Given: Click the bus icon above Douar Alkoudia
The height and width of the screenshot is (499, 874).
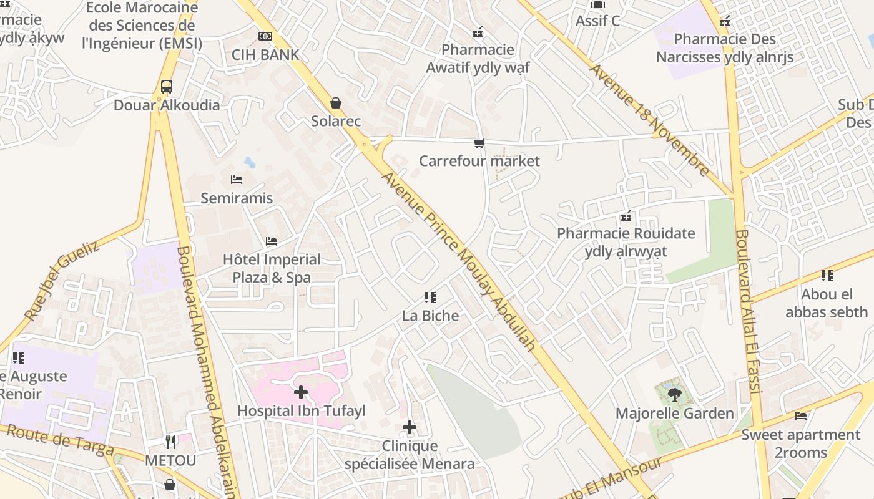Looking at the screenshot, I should pos(166,87).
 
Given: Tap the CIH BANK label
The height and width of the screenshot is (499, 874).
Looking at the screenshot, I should pos(265,54).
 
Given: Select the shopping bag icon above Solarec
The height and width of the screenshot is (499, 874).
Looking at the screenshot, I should pos(336,103).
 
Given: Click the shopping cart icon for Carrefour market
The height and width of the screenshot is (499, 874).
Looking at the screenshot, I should pos(479,143).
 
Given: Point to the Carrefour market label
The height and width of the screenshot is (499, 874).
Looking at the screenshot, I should pos(479,161).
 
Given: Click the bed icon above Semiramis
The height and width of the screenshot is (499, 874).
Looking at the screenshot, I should pos(237,180).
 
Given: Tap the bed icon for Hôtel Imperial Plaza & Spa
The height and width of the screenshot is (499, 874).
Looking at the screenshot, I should pos(272,241).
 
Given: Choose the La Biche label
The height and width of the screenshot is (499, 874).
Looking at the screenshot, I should pos(430,316).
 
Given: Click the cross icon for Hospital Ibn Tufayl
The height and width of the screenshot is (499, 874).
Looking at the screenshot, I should pos(301,392).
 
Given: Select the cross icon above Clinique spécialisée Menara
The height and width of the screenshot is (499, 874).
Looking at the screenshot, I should pos(410,427).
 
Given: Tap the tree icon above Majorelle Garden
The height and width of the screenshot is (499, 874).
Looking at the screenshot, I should pos(674,394).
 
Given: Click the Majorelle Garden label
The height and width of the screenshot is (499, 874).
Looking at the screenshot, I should pos(674,413).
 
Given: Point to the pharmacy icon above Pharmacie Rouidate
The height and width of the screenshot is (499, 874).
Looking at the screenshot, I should pos(626,216).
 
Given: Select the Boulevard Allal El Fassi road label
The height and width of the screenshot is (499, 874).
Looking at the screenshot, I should pos(747,312).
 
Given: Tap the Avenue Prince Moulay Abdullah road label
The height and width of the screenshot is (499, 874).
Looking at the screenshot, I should pos(459,261).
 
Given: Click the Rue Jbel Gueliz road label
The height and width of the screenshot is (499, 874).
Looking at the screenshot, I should pos(62,281).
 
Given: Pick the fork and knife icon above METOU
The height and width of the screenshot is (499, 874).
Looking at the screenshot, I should pos(170,442).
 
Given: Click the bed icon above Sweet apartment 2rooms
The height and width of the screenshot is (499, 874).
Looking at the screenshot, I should pos(801,416).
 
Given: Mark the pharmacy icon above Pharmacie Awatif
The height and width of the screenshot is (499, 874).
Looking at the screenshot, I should pos(478,31).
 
